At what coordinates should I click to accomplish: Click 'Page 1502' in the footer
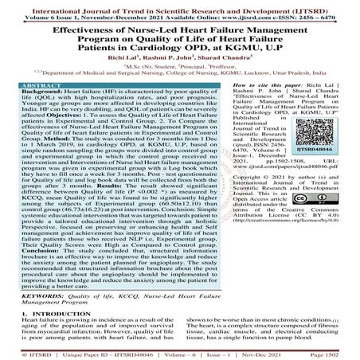(x=335, y=352)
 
